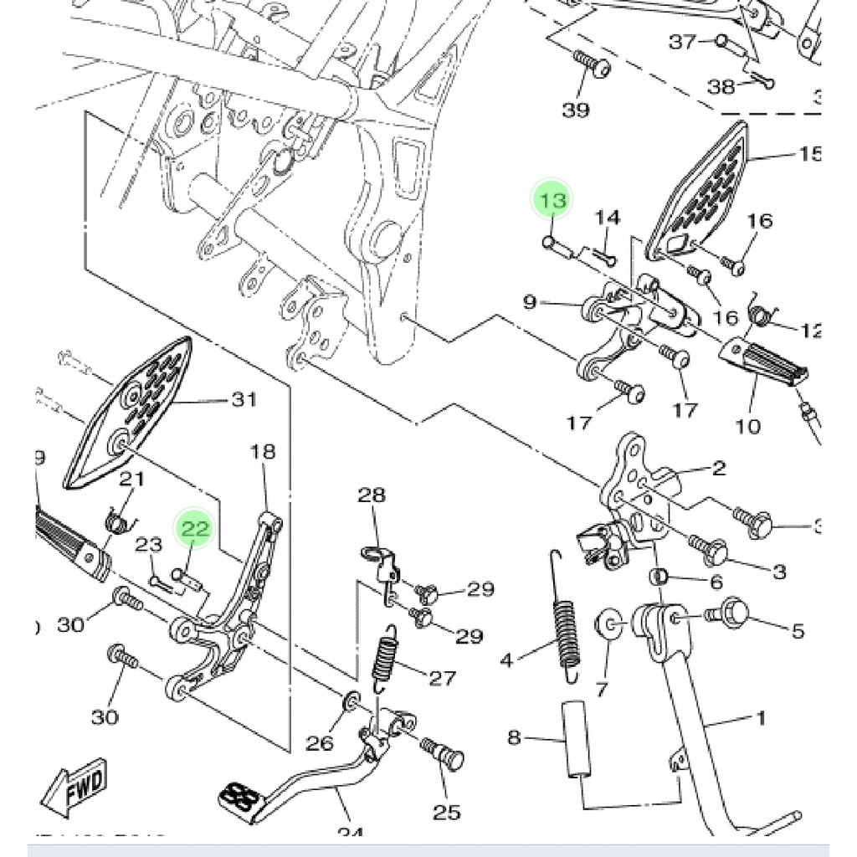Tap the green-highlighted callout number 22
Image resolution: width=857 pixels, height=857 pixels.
[x=194, y=529]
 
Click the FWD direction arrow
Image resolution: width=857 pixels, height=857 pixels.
[x=75, y=788]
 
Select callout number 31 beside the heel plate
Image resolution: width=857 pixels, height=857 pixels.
[x=244, y=400]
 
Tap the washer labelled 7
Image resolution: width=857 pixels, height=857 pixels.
[x=608, y=626]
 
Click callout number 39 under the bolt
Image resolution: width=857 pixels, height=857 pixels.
[x=576, y=110]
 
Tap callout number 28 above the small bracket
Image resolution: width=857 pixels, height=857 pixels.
[x=372, y=495]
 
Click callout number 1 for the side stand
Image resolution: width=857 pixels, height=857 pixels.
[x=760, y=718]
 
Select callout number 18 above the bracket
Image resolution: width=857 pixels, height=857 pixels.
[x=263, y=453]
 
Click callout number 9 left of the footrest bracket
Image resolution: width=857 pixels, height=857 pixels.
[x=530, y=300]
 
